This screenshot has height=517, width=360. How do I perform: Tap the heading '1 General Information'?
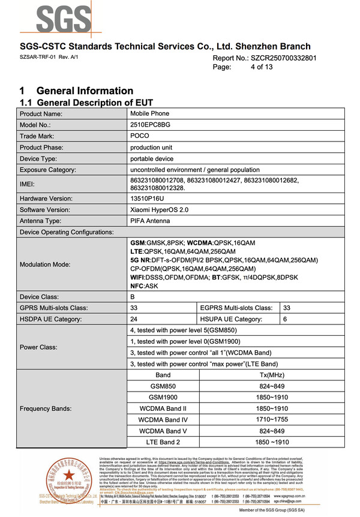(x=76, y=91)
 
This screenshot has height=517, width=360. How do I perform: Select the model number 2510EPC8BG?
(x=151, y=125)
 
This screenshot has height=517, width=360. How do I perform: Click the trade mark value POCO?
(x=140, y=136)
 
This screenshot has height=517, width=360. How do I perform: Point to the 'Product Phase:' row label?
(x=46, y=148)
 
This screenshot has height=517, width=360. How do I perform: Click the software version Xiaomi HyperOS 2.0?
(x=159, y=210)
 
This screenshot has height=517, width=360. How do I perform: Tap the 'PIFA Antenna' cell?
(x=151, y=221)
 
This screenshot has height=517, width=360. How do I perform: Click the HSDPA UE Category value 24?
(x=134, y=319)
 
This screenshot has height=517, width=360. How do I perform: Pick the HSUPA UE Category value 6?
(x=285, y=319)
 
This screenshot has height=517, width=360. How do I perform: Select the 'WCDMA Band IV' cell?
(x=163, y=420)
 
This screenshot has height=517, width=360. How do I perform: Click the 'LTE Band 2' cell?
(x=163, y=442)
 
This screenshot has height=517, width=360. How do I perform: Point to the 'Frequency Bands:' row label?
(x=46, y=408)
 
